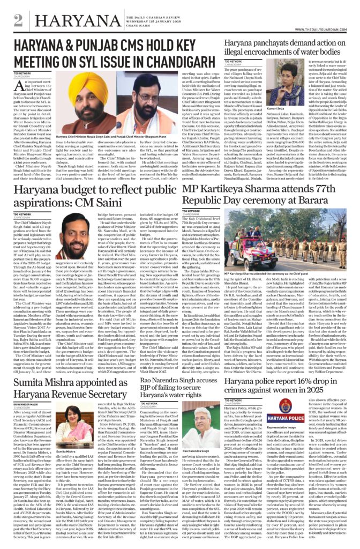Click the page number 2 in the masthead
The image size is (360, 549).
(19, 19)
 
